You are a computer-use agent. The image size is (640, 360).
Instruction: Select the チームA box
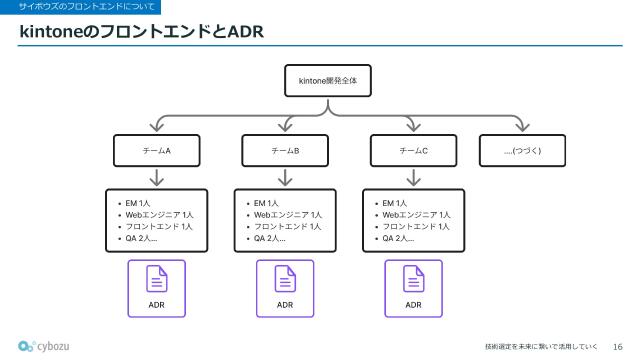157,150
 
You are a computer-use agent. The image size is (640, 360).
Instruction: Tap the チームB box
285,150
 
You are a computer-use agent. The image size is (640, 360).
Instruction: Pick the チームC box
413,150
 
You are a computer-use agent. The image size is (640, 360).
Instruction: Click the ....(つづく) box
521,150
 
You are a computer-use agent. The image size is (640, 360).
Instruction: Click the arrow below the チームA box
157,178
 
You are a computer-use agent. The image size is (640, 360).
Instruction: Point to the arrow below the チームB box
285,178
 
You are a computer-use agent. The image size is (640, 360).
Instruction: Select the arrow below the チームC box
413,178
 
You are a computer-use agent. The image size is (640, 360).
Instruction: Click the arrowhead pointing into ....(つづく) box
521,126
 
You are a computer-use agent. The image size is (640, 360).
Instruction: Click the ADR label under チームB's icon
285,304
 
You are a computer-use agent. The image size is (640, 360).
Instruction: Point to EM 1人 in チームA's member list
138,203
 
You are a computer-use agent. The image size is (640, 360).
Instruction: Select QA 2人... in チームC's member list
398,239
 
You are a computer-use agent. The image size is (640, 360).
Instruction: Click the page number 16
617,345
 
